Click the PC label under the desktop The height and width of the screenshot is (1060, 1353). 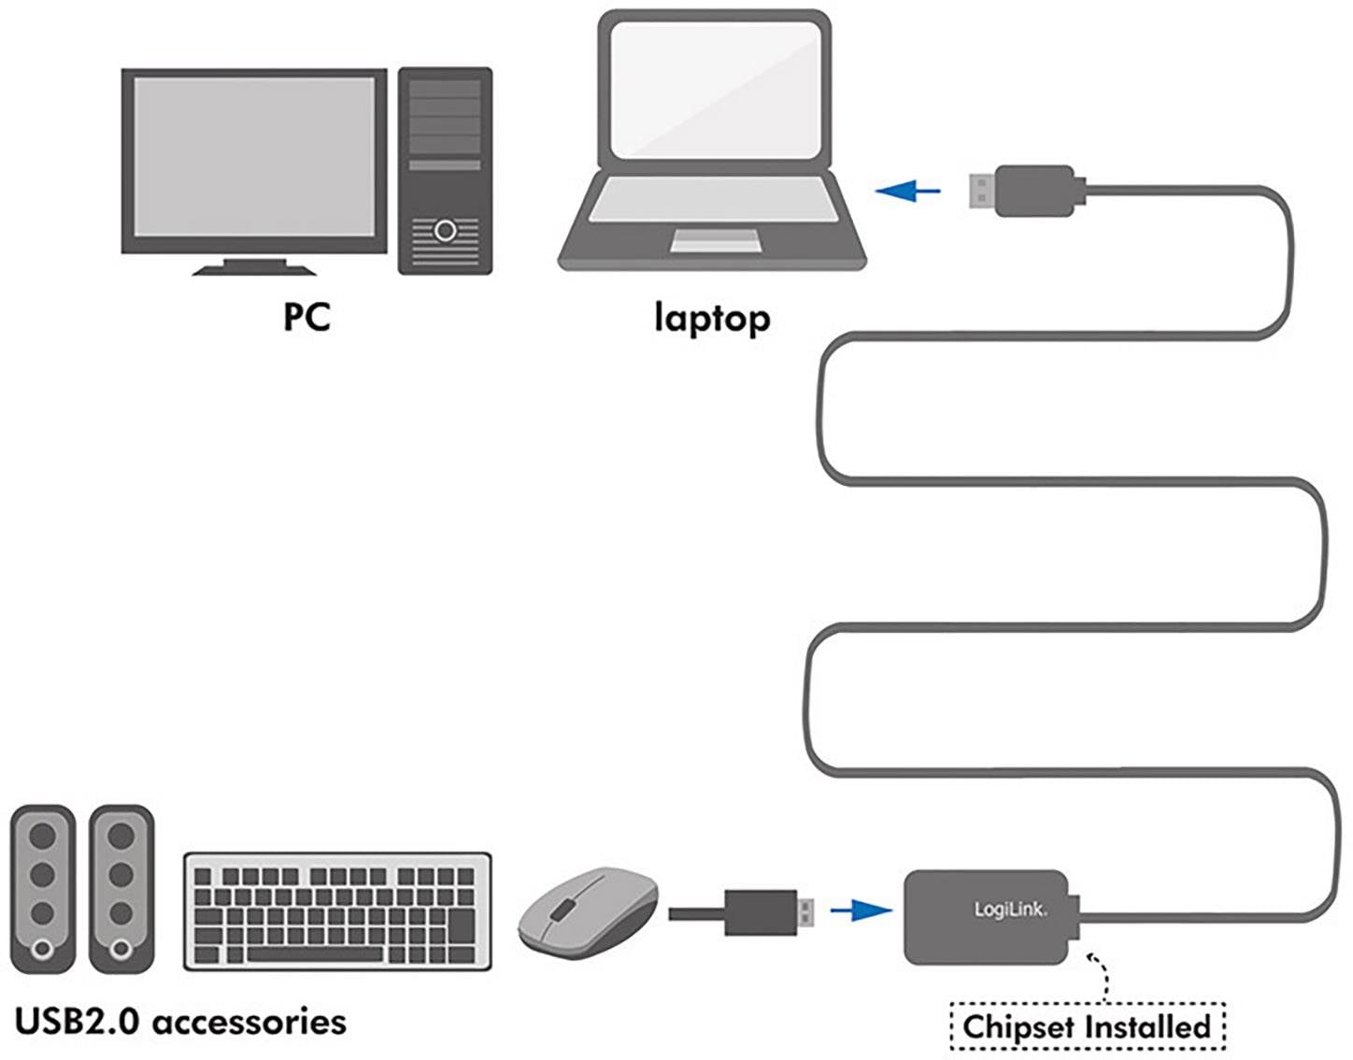point(306,317)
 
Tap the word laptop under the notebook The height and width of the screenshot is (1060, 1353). point(712,319)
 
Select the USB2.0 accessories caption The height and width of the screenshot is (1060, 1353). point(180,1021)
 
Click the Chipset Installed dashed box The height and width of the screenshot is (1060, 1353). point(1087,1026)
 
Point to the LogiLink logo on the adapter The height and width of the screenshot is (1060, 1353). point(1010,909)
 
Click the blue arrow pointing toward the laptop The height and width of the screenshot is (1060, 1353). point(908,192)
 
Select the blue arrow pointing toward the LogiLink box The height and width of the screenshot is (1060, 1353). point(861,910)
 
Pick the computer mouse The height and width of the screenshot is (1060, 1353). point(588,911)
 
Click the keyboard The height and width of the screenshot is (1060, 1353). point(337,910)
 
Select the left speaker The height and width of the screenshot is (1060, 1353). point(42,888)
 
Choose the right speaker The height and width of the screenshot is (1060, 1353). point(121,888)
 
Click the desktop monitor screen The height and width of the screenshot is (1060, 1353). point(254,156)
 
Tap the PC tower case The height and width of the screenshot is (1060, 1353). point(445,170)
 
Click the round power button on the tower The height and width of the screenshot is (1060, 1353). point(445,230)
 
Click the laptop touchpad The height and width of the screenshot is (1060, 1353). point(715,241)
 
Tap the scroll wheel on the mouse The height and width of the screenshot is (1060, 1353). point(561,908)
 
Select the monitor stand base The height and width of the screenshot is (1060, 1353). point(254,269)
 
